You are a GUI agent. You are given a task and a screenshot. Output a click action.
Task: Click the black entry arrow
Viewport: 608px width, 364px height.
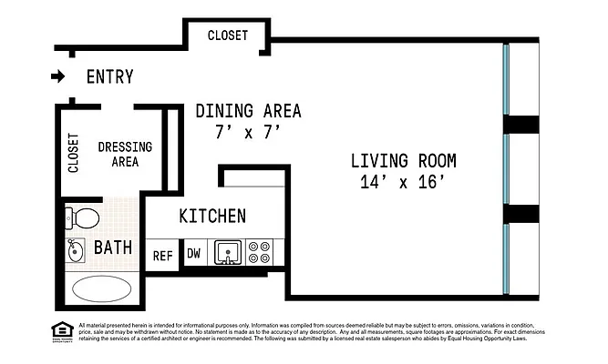[x=58, y=76]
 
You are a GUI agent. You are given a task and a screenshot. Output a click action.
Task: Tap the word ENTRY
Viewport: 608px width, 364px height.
[x=109, y=77]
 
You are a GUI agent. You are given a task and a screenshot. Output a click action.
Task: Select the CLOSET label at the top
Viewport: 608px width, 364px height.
[x=227, y=35]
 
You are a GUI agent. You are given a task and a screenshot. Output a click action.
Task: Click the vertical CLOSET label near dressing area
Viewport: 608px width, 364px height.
[x=74, y=153]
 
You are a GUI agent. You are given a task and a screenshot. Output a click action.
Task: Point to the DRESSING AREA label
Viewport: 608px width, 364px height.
[x=125, y=154]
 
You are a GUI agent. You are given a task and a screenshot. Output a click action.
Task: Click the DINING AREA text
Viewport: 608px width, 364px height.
[x=248, y=111]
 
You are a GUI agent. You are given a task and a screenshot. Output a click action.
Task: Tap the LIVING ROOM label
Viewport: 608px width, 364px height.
[x=404, y=161]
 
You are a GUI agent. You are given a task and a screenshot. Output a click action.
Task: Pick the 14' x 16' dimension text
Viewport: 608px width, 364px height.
[x=404, y=182]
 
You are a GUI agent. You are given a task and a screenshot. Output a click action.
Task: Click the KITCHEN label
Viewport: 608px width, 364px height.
[x=212, y=217]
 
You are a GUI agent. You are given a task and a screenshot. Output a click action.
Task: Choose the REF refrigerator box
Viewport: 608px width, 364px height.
[x=163, y=256]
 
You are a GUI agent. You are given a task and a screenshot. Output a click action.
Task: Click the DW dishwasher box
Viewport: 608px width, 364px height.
[x=193, y=254]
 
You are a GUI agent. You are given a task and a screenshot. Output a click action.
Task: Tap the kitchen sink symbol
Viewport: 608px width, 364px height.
[x=227, y=252]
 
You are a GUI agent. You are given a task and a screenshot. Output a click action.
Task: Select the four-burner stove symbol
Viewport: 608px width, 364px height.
[x=259, y=252]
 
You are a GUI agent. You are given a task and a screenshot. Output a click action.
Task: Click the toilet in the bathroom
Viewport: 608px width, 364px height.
[x=83, y=218]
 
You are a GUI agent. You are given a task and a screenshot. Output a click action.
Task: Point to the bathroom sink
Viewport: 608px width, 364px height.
[x=74, y=248]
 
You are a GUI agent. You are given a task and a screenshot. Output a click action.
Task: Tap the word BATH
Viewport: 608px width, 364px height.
[x=113, y=248]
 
